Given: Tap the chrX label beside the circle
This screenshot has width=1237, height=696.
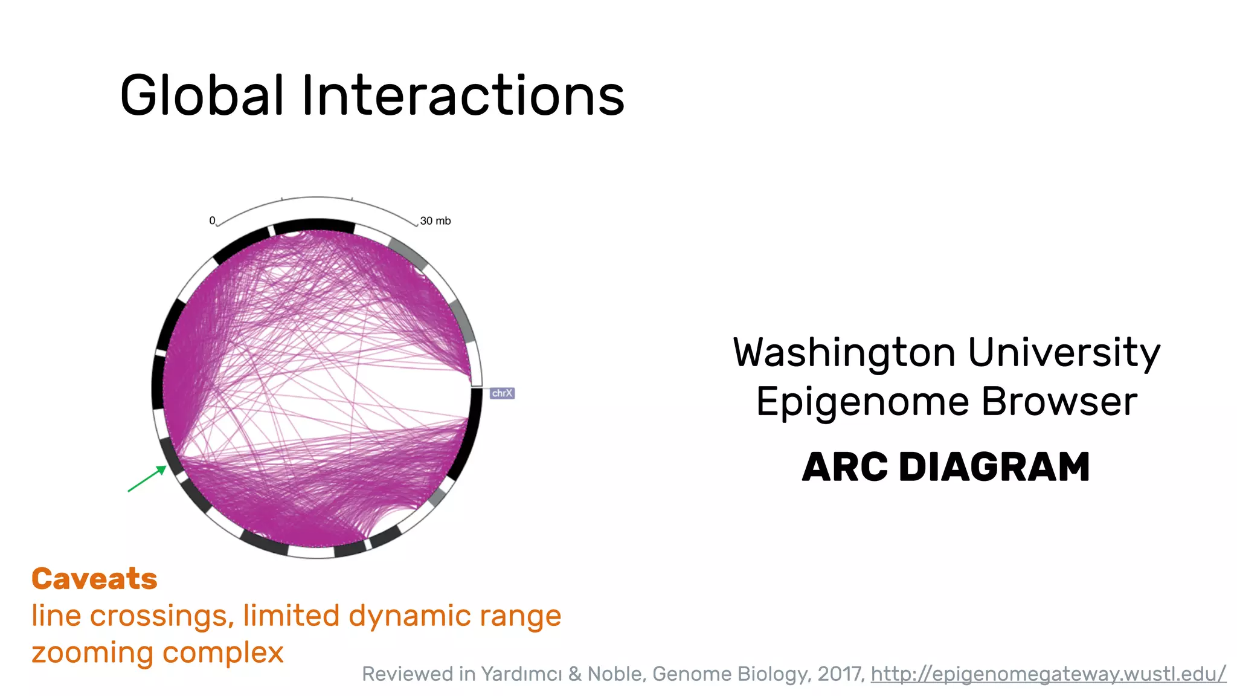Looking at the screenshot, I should coord(502,393).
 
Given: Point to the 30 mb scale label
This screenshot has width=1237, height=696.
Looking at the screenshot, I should coord(435,221).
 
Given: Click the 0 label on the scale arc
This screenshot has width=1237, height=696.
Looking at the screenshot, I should coord(212,221).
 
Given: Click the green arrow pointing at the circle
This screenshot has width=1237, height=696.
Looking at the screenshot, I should coord(146,479).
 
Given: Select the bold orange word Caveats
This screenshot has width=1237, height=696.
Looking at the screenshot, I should coord(94,579).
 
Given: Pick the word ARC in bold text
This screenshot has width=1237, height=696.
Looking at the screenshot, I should coord(845,467).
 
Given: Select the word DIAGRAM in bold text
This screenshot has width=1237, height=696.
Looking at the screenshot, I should coord(994,467).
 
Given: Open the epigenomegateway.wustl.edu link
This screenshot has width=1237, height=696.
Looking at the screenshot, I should coord(1048,674).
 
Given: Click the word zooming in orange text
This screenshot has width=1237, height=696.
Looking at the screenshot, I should coord(91,652).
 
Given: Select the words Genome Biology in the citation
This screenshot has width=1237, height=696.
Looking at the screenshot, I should coord(731,674).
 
